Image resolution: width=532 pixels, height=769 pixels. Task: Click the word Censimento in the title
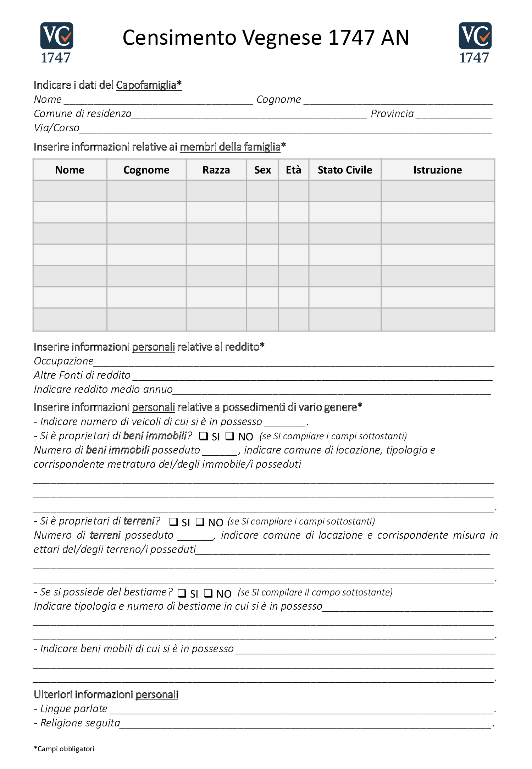pos(179,38)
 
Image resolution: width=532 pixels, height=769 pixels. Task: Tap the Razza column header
pos(216,170)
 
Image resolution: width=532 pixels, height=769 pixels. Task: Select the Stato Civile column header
pos(345,170)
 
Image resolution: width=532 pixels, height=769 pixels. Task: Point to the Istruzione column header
pos(437,170)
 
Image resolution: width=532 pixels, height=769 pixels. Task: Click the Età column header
pos(293,170)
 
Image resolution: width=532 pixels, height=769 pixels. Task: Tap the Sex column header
pos(262,170)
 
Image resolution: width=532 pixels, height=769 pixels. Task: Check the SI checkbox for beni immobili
pos(203,436)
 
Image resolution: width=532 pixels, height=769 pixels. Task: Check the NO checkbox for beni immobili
pos(230,436)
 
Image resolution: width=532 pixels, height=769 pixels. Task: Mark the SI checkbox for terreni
pos(173,522)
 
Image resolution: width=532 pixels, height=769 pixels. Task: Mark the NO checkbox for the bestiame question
pos(208,593)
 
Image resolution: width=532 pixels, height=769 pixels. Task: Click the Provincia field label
pos(392,114)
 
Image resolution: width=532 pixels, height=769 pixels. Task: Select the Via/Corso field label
pos(56,128)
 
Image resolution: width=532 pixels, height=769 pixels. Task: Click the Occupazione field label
pos(63,361)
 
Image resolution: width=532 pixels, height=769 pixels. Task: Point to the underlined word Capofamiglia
pos(146,85)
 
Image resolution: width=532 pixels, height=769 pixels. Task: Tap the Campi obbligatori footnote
pos(64,749)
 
